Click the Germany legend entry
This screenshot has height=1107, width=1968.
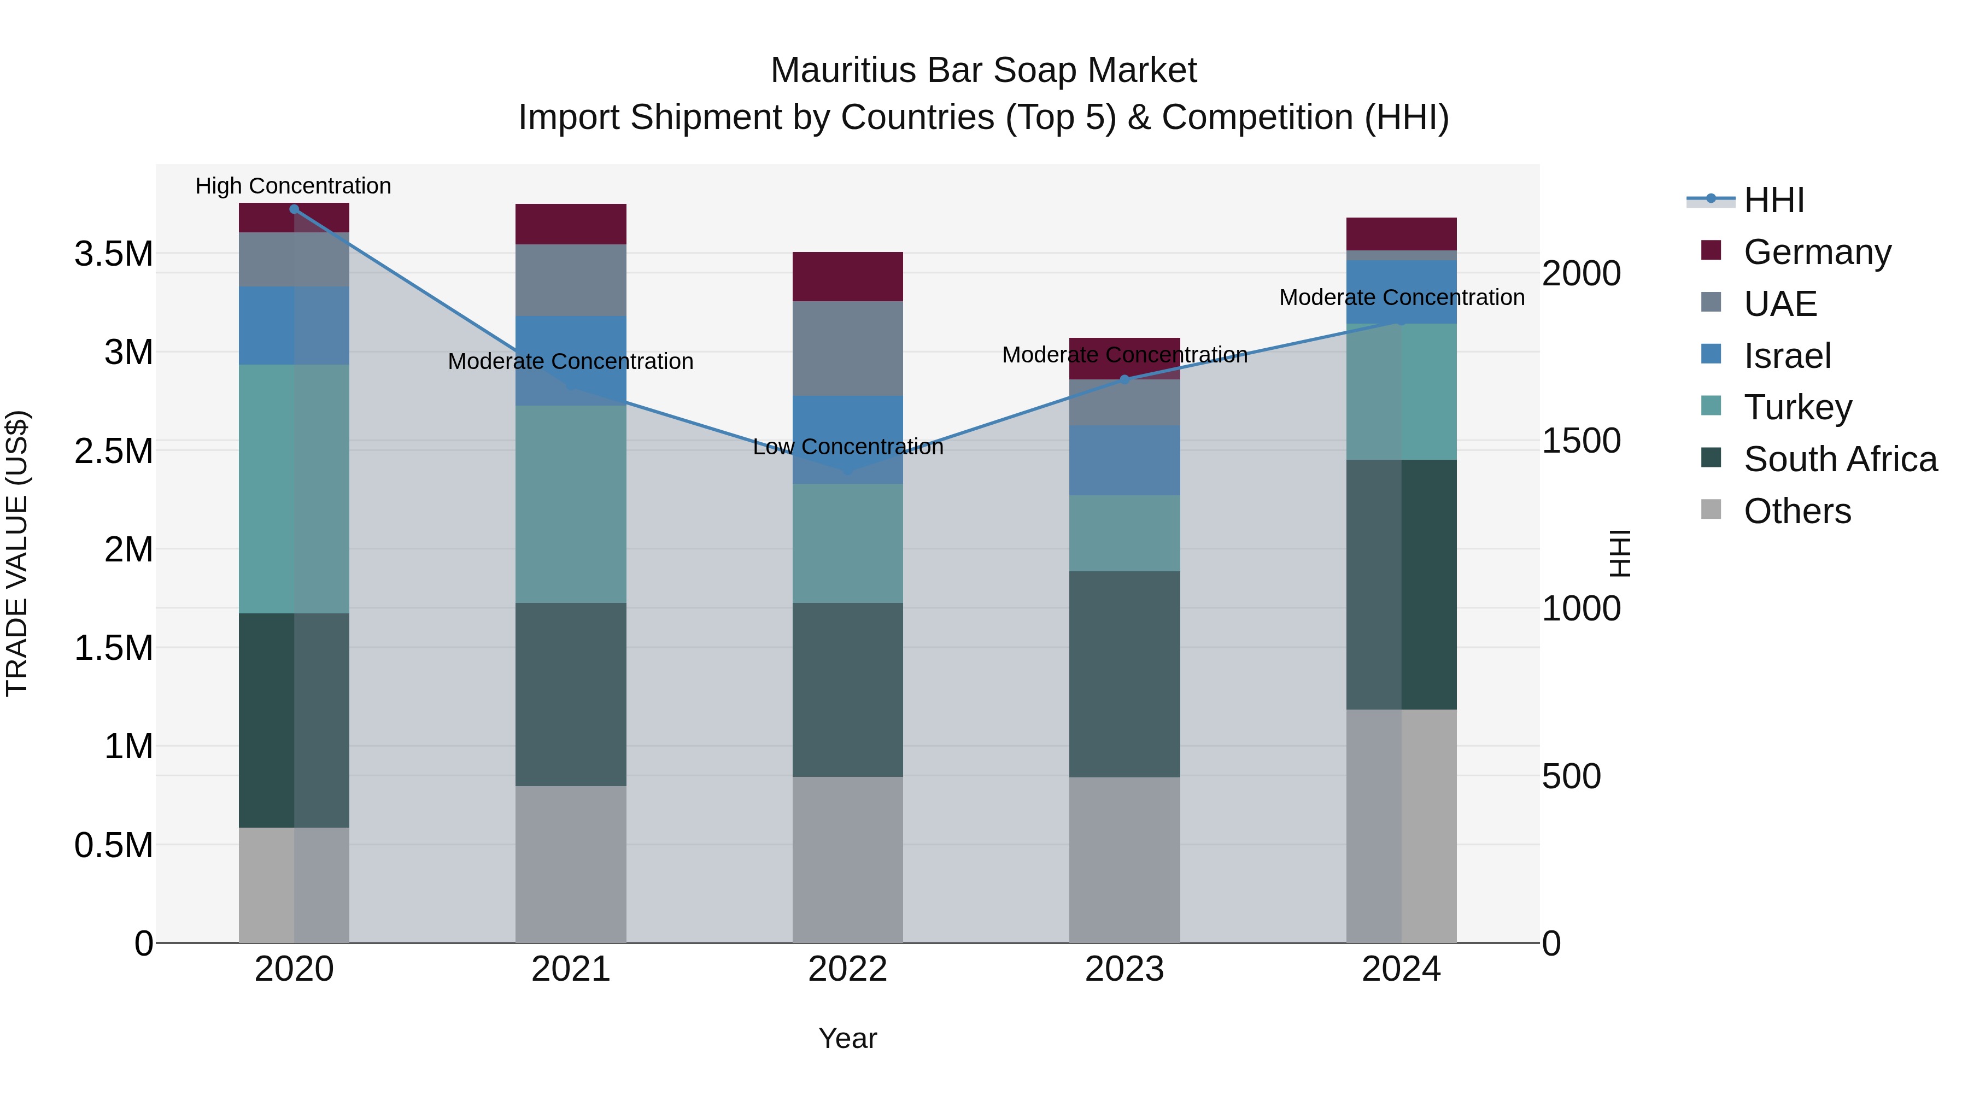[1817, 252]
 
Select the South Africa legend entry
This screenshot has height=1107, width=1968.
[1840, 459]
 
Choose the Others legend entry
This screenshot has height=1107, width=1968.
[1797, 511]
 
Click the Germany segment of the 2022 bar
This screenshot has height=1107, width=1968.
[847, 277]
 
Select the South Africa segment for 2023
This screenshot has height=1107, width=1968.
[1124, 674]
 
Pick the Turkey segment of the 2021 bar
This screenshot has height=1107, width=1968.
[571, 504]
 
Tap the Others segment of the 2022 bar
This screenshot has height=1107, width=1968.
[847, 859]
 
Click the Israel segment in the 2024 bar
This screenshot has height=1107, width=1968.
[1401, 292]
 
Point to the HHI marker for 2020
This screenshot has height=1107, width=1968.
[294, 209]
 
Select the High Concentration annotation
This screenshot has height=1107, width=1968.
[294, 186]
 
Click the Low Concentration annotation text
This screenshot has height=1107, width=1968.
[848, 447]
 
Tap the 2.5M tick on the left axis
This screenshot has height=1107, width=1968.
[113, 451]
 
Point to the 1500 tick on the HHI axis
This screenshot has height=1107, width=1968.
[1580, 441]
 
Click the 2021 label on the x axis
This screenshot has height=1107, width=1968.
[571, 969]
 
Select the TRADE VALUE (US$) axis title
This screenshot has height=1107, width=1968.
[17, 553]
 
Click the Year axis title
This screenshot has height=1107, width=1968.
[847, 1038]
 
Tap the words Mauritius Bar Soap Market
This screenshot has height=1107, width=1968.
[983, 71]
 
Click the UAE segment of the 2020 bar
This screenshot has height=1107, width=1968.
[294, 260]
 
